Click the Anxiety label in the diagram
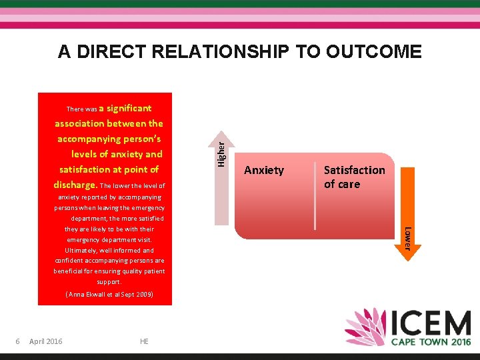tap(263, 170)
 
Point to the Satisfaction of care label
tap(354, 177)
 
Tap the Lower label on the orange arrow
tap(409, 238)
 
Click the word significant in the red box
tap(129, 108)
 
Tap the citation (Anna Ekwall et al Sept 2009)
tap(109, 294)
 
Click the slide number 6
tap(18, 341)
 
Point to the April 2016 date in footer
tap(46, 341)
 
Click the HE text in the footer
tap(144, 341)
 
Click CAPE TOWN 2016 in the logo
tap(429, 341)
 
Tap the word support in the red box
tap(108, 281)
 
